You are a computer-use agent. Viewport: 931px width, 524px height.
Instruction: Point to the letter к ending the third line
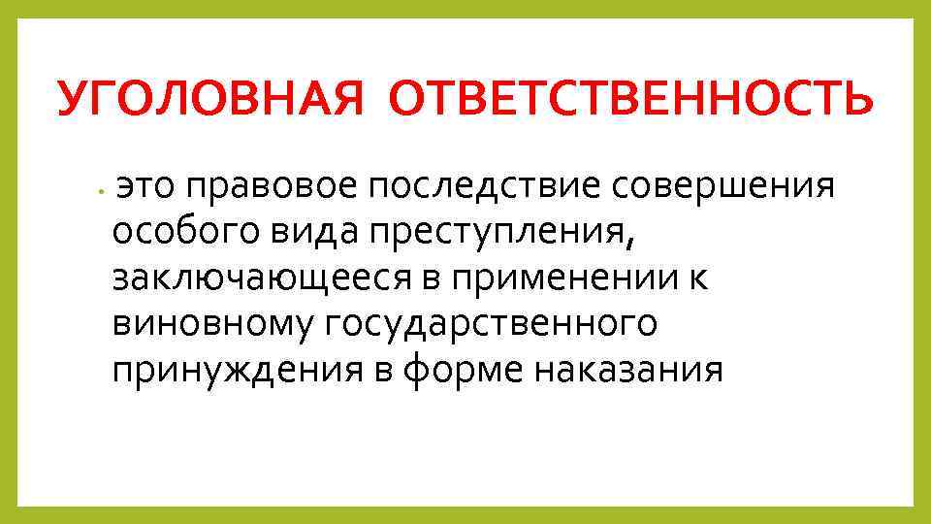[x=701, y=278]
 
